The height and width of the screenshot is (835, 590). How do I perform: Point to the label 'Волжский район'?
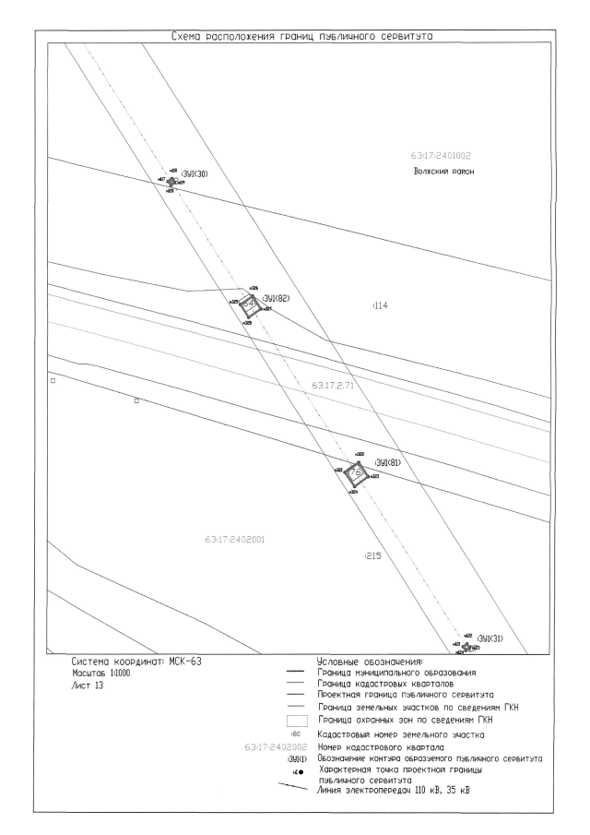coord(443,173)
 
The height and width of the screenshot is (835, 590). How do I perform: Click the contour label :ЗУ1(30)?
coord(195,174)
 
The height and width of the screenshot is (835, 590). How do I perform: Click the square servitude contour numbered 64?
coord(248,304)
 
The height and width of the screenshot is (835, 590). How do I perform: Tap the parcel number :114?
coord(378,304)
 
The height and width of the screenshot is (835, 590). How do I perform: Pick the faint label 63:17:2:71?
coord(334,385)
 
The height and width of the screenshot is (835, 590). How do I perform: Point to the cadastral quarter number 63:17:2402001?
coord(230,538)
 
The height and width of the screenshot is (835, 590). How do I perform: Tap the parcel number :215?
coord(372,556)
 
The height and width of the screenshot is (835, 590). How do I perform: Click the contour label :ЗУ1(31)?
coord(490,638)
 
